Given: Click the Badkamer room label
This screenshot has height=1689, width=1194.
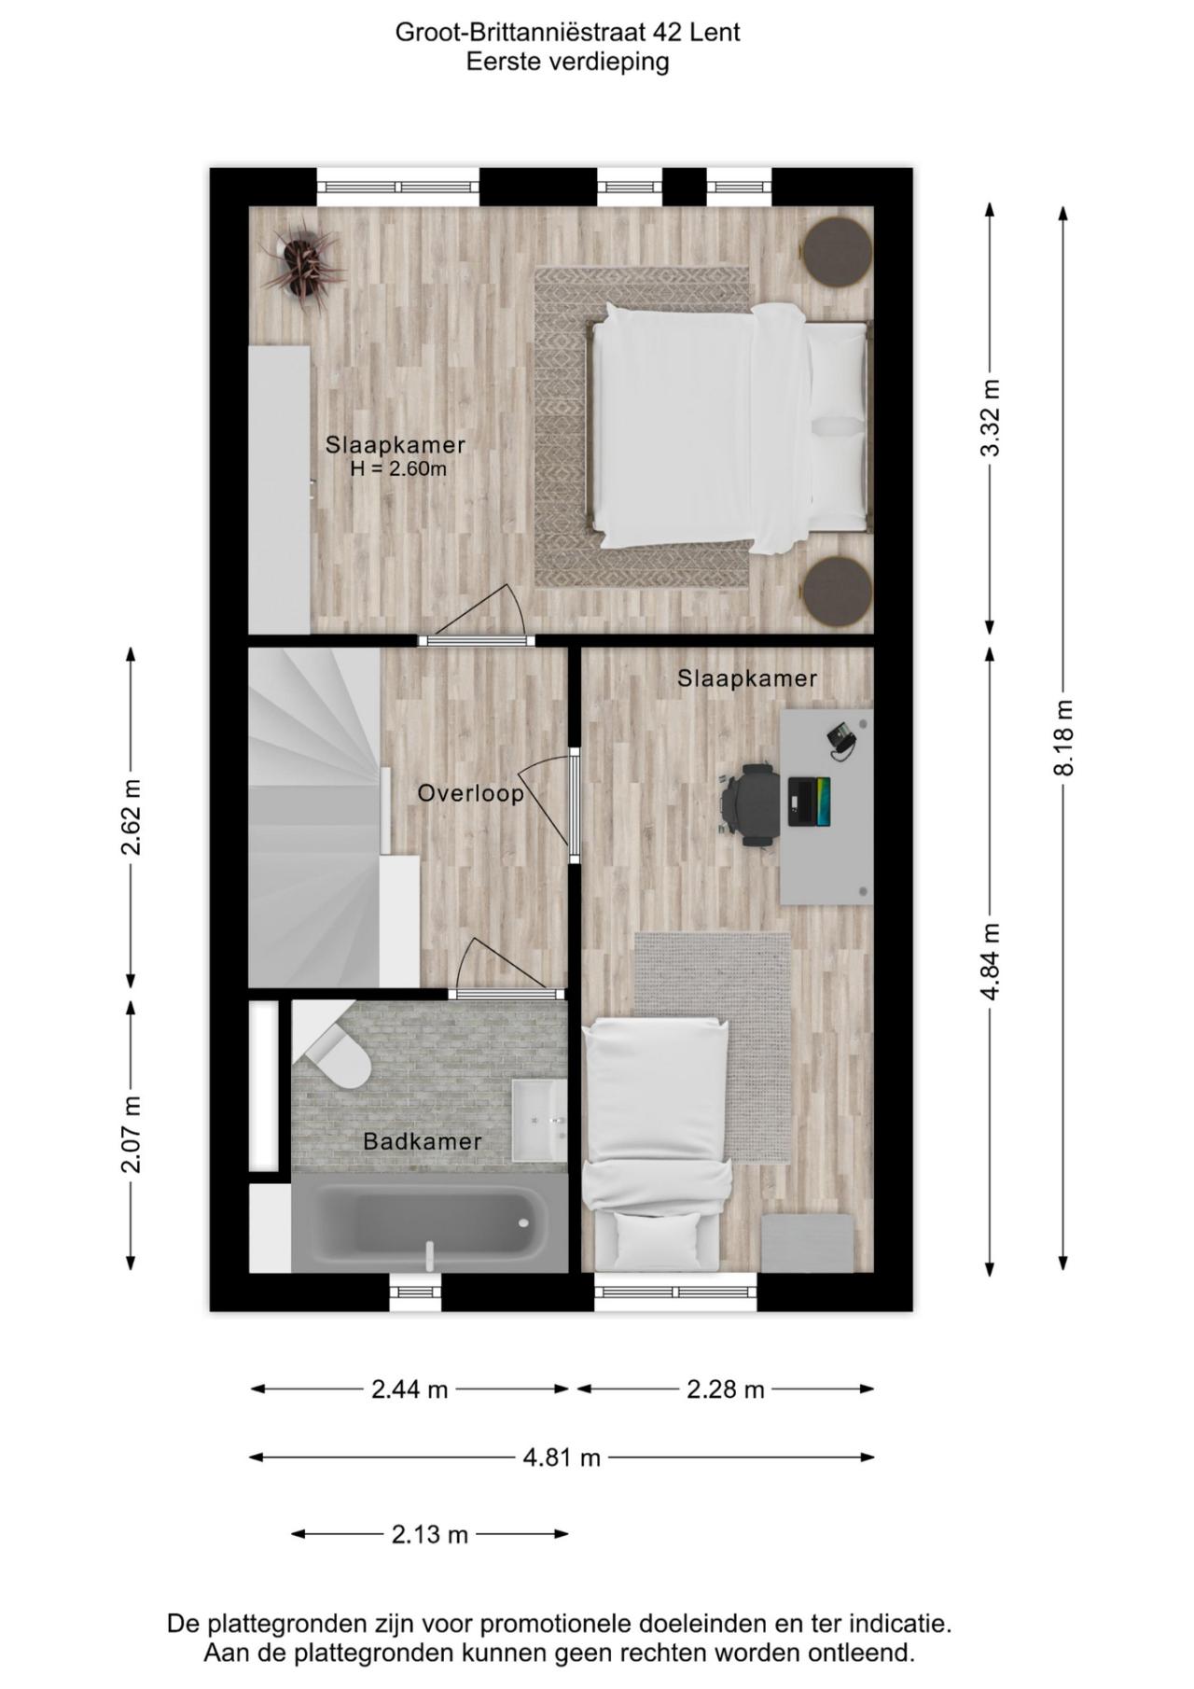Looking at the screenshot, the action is (x=423, y=1140).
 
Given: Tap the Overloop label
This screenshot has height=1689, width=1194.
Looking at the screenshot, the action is (x=470, y=793).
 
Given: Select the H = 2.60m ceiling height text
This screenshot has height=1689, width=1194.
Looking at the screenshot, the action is (x=398, y=468).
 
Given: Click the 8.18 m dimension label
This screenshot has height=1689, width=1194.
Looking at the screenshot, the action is (x=1064, y=737).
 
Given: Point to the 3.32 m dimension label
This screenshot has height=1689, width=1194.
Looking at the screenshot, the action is (x=991, y=417).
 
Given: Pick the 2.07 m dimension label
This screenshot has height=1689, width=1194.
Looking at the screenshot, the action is (x=131, y=1134).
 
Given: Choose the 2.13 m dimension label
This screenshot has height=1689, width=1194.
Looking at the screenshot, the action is (x=429, y=1534).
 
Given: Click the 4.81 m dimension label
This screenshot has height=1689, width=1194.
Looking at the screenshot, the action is (x=561, y=1457).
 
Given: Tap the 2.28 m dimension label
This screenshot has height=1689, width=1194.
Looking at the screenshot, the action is (x=725, y=1389).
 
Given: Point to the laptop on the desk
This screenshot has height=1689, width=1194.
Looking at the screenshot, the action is (x=809, y=801).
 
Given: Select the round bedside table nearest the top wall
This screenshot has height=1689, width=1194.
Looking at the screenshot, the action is (x=837, y=251).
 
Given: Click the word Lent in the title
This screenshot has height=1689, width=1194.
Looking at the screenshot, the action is (x=715, y=32).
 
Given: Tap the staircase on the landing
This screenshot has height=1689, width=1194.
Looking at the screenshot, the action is (x=314, y=817).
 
